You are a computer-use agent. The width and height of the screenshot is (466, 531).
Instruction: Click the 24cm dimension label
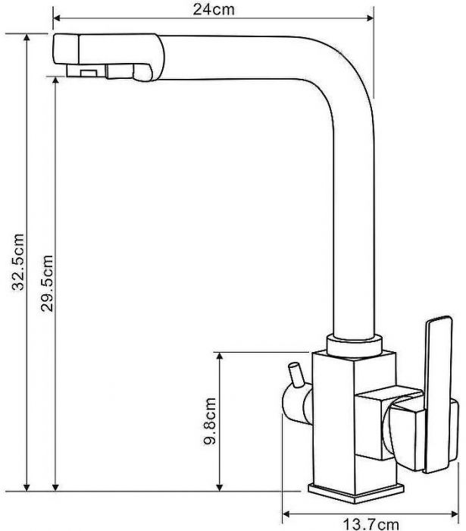(214, 9)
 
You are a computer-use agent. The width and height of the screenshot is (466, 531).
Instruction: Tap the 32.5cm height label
(18, 262)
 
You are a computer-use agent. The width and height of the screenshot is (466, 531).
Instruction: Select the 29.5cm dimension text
(47, 283)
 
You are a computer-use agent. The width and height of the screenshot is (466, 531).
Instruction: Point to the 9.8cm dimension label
(210, 421)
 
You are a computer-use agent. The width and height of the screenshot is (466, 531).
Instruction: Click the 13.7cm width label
(371, 525)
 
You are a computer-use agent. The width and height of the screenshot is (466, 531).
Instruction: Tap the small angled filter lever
(296, 374)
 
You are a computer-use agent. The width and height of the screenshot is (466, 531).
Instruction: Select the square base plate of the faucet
(356, 493)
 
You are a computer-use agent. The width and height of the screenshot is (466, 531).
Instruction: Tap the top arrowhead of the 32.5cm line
(27, 38)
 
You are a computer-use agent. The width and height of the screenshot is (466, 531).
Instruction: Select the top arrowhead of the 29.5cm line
(55, 80)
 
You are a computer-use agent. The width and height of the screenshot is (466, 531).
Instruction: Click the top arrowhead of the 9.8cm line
(220, 357)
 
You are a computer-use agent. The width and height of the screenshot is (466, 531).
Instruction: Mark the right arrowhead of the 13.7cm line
(455, 514)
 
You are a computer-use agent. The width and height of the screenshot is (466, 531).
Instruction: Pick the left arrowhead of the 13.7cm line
(286, 514)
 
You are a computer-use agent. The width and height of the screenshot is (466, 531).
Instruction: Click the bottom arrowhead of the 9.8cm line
(220, 487)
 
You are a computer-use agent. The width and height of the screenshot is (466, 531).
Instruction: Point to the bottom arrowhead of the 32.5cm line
(27, 487)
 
